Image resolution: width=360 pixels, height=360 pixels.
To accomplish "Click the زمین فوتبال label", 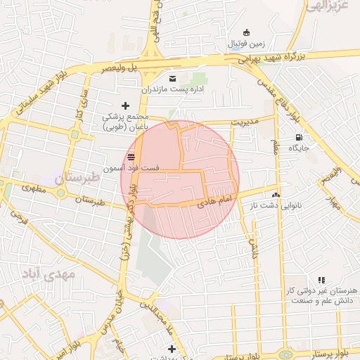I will [245, 44].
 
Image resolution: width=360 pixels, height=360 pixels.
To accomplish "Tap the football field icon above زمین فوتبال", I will [245, 32].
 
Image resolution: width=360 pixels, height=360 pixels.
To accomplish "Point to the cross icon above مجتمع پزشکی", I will [125, 105].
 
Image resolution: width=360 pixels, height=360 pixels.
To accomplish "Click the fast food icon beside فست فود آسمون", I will [131, 156].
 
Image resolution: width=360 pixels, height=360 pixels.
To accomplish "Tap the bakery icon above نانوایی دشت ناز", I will [275, 194].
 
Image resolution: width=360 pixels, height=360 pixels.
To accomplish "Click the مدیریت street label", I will [247, 121].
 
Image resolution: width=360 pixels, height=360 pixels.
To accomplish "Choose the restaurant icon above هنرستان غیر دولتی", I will [321, 280].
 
